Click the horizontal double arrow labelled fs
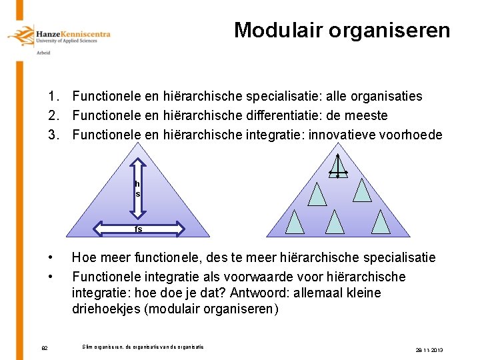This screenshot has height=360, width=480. [139, 229]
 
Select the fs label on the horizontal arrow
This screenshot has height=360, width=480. [139, 229]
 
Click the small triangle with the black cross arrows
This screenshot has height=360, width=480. [338, 165]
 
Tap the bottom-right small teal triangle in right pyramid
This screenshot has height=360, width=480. [381, 221]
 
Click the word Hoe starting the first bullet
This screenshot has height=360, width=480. [84, 257]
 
